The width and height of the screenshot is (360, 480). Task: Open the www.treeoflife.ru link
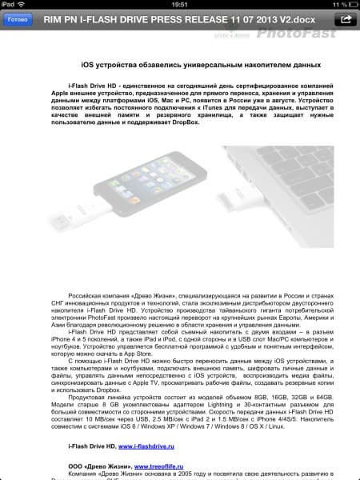click(x=163, y=465)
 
